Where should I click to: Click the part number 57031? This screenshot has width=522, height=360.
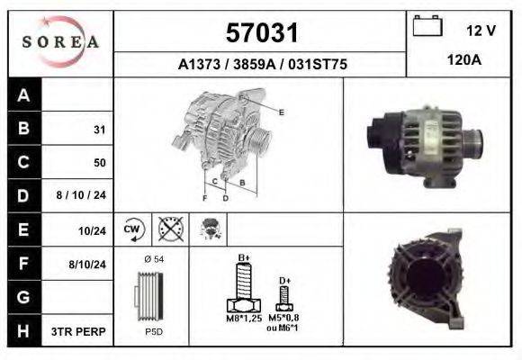click(x=262, y=32)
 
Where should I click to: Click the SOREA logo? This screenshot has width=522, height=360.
click(x=60, y=42)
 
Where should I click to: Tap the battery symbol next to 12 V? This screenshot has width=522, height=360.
click(x=427, y=25)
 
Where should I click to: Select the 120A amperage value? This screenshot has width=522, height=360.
click(x=464, y=60)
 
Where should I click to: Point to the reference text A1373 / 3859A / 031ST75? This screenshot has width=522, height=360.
click(x=262, y=64)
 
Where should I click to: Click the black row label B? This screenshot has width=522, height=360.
click(x=23, y=128)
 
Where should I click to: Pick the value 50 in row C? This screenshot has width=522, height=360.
click(x=100, y=163)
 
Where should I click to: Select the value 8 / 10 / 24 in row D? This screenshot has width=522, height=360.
click(x=81, y=195)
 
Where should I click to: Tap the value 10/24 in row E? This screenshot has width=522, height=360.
click(x=92, y=230)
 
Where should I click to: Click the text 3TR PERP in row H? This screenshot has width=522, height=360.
click(x=78, y=332)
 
